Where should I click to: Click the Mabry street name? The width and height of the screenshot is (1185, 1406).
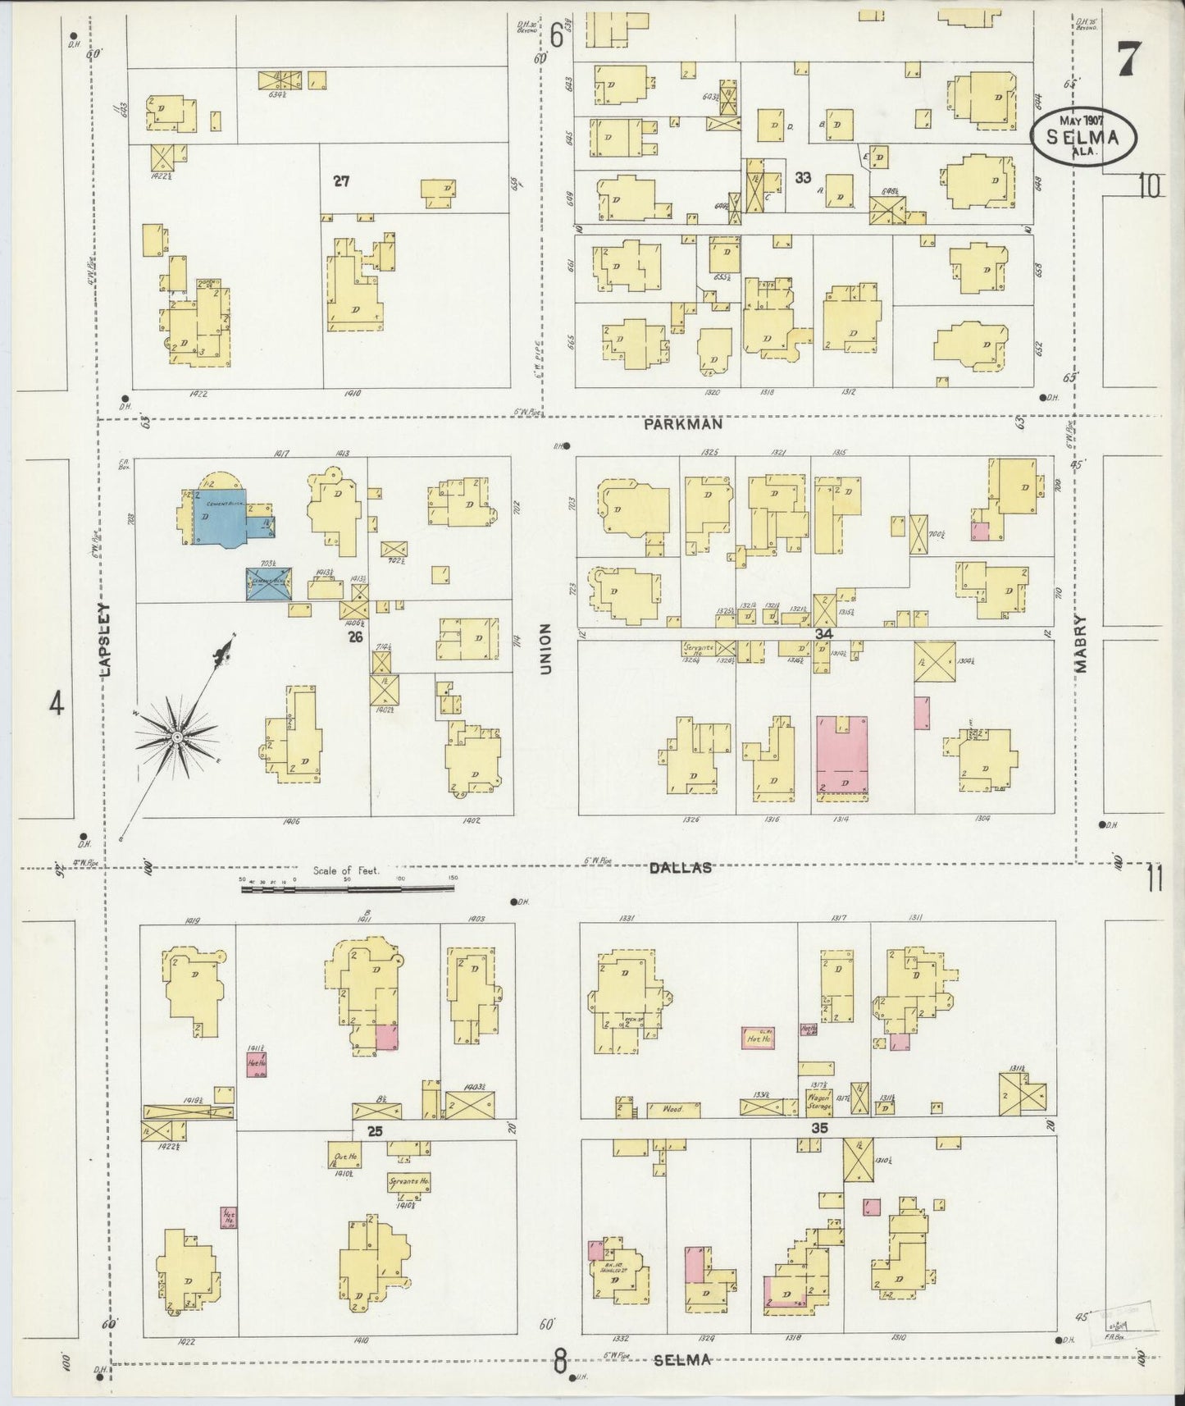pos(1080,645)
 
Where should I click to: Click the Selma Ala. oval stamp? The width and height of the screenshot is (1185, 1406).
pos(1085,135)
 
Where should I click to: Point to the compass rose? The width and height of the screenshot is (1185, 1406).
pos(176,736)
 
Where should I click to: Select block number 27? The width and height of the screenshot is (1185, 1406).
pos(341,181)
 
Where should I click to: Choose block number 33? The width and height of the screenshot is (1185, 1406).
pos(803,177)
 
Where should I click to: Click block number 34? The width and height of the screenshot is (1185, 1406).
pos(823,634)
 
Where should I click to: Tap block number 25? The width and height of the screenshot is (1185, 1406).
pos(375,1131)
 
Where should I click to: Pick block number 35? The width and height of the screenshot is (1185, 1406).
pos(818,1128)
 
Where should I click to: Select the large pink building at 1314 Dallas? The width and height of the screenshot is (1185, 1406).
pos(842,753)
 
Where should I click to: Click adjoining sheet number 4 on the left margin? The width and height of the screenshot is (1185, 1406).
pos(56,703)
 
